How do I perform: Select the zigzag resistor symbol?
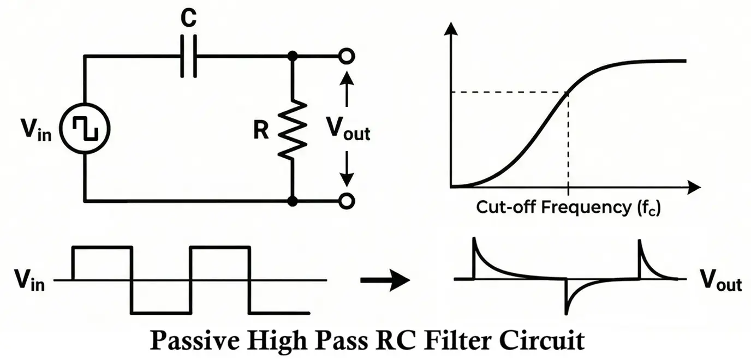pyautogui.click(x=293, y=130)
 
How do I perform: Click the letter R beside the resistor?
pyautogui.click(x=262, y=131)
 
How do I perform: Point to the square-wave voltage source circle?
pyautogui.click(x=85, y=129)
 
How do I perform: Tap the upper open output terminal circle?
pyautogui.click(x=346, y=56)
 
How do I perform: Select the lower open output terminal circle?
pyautogui.click(x=346, y=201)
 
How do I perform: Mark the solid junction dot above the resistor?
pyautogui.click(x=293, y=56)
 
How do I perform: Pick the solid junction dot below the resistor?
pyautogui.click(x=293, y=201)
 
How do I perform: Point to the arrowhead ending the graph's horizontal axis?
pyautogui.click(x=693, y=188)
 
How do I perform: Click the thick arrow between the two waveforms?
pyautogui.click(x=384, y=280)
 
